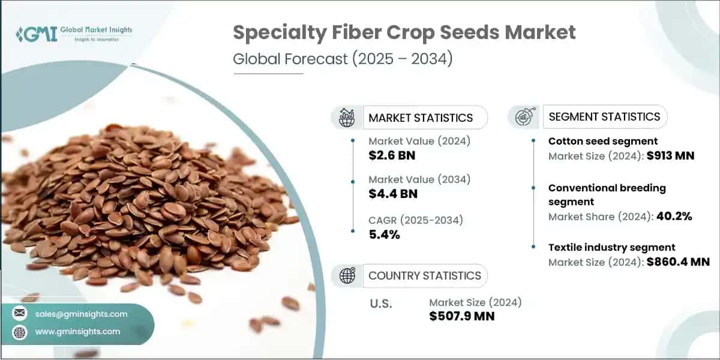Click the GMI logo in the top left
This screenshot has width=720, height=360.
pos(73,34)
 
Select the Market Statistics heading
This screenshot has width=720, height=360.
pos(421,118)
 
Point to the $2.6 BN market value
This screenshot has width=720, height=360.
pos(392,156)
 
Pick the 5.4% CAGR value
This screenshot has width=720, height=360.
pos(384,234)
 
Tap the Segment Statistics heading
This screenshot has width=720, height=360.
pos(604,116)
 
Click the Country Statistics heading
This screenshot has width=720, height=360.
pos(424,275)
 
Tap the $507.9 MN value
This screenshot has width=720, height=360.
pos(462,316)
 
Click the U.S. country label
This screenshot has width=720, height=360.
pos(380,304)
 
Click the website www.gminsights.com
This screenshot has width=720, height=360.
pos(77,331)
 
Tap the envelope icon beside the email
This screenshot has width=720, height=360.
pos(20,314)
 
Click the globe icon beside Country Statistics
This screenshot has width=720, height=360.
pos(347,275)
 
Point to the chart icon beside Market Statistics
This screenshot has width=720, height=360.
pos(346,118)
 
